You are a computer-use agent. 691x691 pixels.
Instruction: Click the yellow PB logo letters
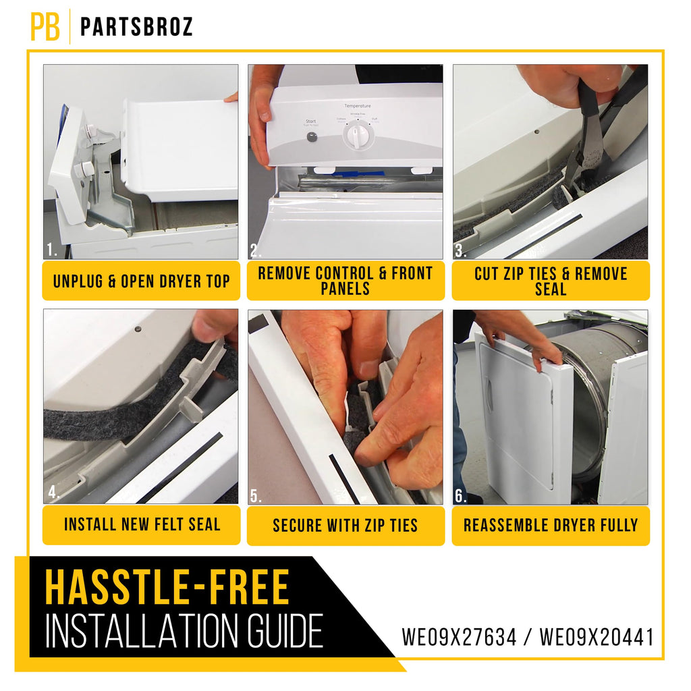coord(45,27)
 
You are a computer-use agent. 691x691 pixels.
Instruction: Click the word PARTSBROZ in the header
coord(136,27)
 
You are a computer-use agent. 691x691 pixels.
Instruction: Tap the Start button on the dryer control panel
coord(312,137)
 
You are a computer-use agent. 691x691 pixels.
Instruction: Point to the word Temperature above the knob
coord(358,106)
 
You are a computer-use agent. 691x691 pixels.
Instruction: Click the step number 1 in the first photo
coord(52,250)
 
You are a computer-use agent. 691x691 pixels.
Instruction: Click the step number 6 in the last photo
coord(460,496)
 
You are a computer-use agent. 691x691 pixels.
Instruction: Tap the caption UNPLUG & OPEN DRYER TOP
coord(142,281)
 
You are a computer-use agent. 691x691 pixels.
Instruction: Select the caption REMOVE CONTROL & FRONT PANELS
coord(345,281)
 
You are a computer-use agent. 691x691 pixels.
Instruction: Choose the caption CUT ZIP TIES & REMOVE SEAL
coord(551,281)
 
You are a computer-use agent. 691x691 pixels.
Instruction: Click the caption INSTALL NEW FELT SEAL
coord(142,524)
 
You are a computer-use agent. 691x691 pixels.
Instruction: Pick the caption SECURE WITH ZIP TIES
coord(345,525)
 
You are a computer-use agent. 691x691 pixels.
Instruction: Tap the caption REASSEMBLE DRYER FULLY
coord(551,525)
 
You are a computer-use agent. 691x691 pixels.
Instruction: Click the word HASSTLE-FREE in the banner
coord(167,587)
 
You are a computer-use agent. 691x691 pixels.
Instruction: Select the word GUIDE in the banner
coord(285,632)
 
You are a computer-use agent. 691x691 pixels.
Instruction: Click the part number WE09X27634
coord(459,637)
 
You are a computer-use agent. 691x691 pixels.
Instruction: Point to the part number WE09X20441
coord(597,637)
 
